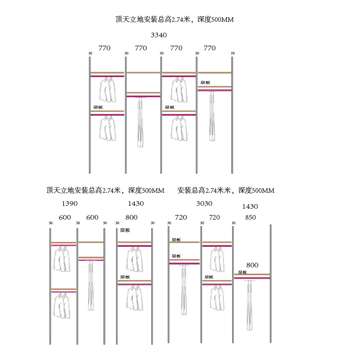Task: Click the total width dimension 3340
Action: click(x=159, y=35)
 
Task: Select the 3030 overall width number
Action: click(x=204, y=204)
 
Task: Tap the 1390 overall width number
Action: click(x=70, y=204)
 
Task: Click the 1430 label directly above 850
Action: click(x=250, y=207)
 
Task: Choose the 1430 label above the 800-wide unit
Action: click(x=135, y=204)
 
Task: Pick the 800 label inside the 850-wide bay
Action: click(x=252, y=265)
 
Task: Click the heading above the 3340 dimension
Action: click(x=174, y=19)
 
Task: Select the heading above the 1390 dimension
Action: click(x=105, y=191)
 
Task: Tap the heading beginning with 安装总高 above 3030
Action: click(x=226, y=191)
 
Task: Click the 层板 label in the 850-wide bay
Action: click(x=243, y=272)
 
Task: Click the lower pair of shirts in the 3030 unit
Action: click(x=217, y=298)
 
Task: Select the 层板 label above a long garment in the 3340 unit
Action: click(x=205, y=83)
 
